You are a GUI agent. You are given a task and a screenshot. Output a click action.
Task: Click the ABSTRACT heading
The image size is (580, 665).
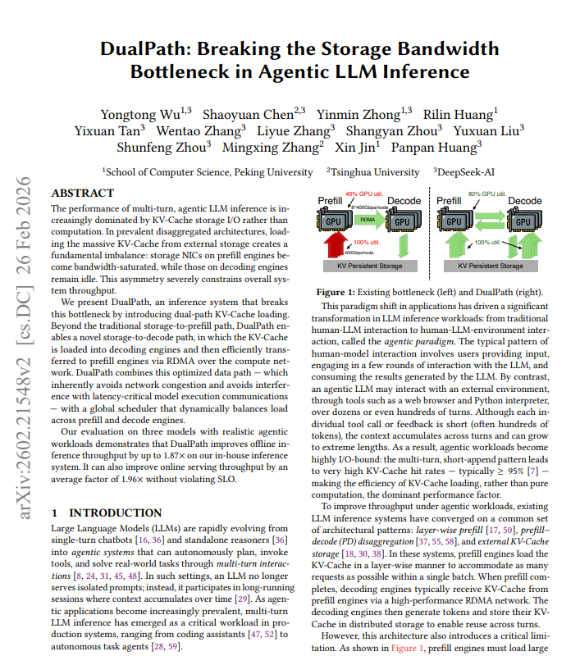(83, 194)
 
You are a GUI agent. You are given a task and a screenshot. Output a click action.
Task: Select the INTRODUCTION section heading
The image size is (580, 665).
(112, 512)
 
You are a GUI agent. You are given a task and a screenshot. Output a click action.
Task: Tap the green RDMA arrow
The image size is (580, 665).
(368, 219)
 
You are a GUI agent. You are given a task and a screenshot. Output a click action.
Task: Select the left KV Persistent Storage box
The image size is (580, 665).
(367, 266)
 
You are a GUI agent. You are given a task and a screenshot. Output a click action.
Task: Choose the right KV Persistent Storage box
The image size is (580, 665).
(490, 266)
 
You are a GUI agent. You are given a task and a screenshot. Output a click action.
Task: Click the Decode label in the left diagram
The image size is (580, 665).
(404, 201)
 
